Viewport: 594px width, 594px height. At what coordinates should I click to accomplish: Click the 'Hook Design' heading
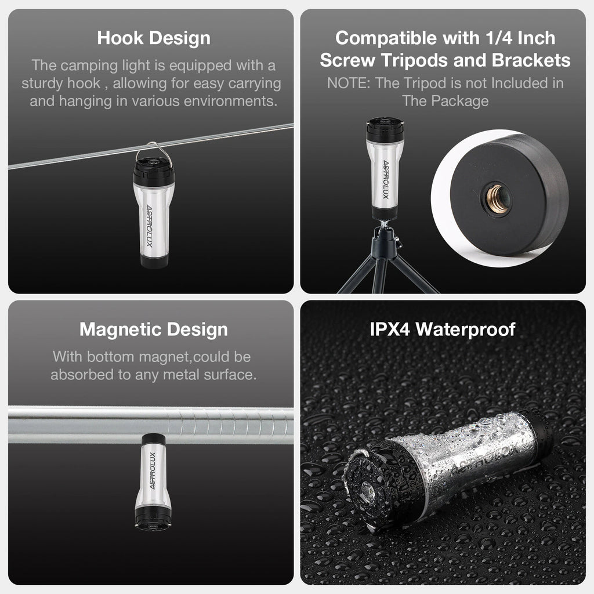153,38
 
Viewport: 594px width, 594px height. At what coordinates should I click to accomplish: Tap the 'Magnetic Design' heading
153,329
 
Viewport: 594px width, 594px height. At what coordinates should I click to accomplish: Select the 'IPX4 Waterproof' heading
443,329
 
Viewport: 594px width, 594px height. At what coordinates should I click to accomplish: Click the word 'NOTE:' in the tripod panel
349,83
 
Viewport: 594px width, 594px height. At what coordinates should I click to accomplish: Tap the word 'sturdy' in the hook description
42,84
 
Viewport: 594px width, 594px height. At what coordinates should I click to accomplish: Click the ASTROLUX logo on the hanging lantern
149,226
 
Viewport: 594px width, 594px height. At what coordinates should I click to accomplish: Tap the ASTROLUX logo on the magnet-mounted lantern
153,470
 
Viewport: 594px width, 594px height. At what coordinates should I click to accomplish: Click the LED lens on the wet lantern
368,492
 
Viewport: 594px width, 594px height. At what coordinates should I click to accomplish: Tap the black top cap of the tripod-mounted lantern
385,129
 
